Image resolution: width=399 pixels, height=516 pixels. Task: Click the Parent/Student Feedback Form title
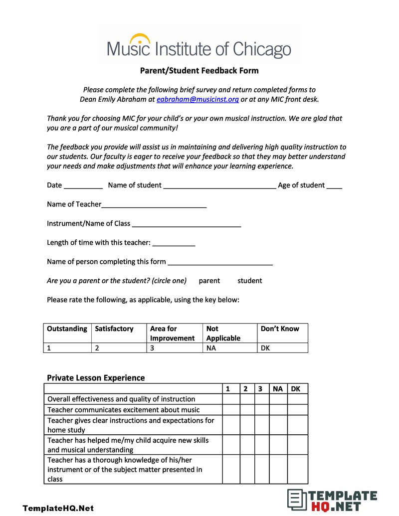199,70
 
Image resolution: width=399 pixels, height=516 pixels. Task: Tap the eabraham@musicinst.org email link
198,99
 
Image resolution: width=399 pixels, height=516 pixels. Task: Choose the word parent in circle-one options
209,281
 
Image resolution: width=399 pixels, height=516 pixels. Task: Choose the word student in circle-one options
249,281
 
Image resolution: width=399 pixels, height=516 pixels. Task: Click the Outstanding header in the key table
67,329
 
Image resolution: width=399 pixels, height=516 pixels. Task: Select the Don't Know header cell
280,329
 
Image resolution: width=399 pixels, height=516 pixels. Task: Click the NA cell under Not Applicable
211,348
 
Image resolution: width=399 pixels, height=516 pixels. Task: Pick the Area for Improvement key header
172,333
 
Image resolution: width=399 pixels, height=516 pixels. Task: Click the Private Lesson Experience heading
96,378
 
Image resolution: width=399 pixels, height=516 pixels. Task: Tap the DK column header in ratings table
296,389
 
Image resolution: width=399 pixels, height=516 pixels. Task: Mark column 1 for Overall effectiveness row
231,399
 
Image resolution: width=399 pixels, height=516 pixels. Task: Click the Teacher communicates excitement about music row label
124,410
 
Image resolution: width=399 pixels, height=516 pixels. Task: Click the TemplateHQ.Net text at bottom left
58,509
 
